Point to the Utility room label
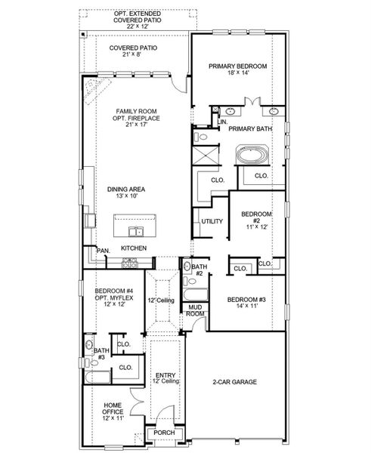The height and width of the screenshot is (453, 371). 211,220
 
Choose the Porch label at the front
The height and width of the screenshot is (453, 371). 164,433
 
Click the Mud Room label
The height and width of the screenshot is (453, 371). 196,310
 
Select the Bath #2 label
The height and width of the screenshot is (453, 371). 199,270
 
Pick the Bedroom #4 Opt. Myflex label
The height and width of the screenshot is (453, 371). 113,297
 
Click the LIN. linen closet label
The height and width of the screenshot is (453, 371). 224,122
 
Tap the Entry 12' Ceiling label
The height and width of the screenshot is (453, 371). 165,378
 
